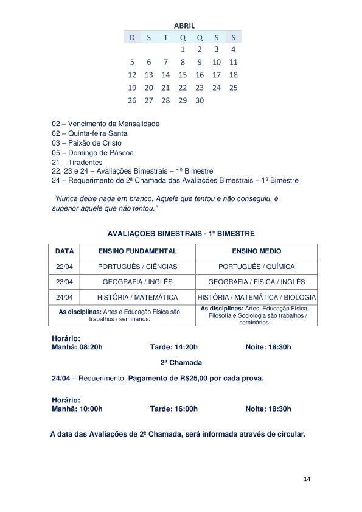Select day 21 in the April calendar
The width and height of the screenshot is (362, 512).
point(165,88)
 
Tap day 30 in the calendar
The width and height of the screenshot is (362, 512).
point(200,100)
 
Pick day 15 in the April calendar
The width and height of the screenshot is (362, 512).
point(183,75)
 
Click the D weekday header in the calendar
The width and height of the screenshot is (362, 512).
point(132,37)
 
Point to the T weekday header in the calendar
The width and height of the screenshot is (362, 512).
point(165,37)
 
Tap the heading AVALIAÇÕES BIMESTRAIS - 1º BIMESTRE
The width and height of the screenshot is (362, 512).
point(181,233)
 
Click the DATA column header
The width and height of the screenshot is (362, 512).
point(64,251)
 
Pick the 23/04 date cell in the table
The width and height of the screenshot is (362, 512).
point(64,282)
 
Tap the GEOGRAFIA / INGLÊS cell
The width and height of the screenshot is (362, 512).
point(137,282)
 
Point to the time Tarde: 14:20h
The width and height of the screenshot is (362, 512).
point(174,347)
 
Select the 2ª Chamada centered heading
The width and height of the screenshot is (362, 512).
point(181,363)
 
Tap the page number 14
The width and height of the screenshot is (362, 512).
point(307,480)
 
